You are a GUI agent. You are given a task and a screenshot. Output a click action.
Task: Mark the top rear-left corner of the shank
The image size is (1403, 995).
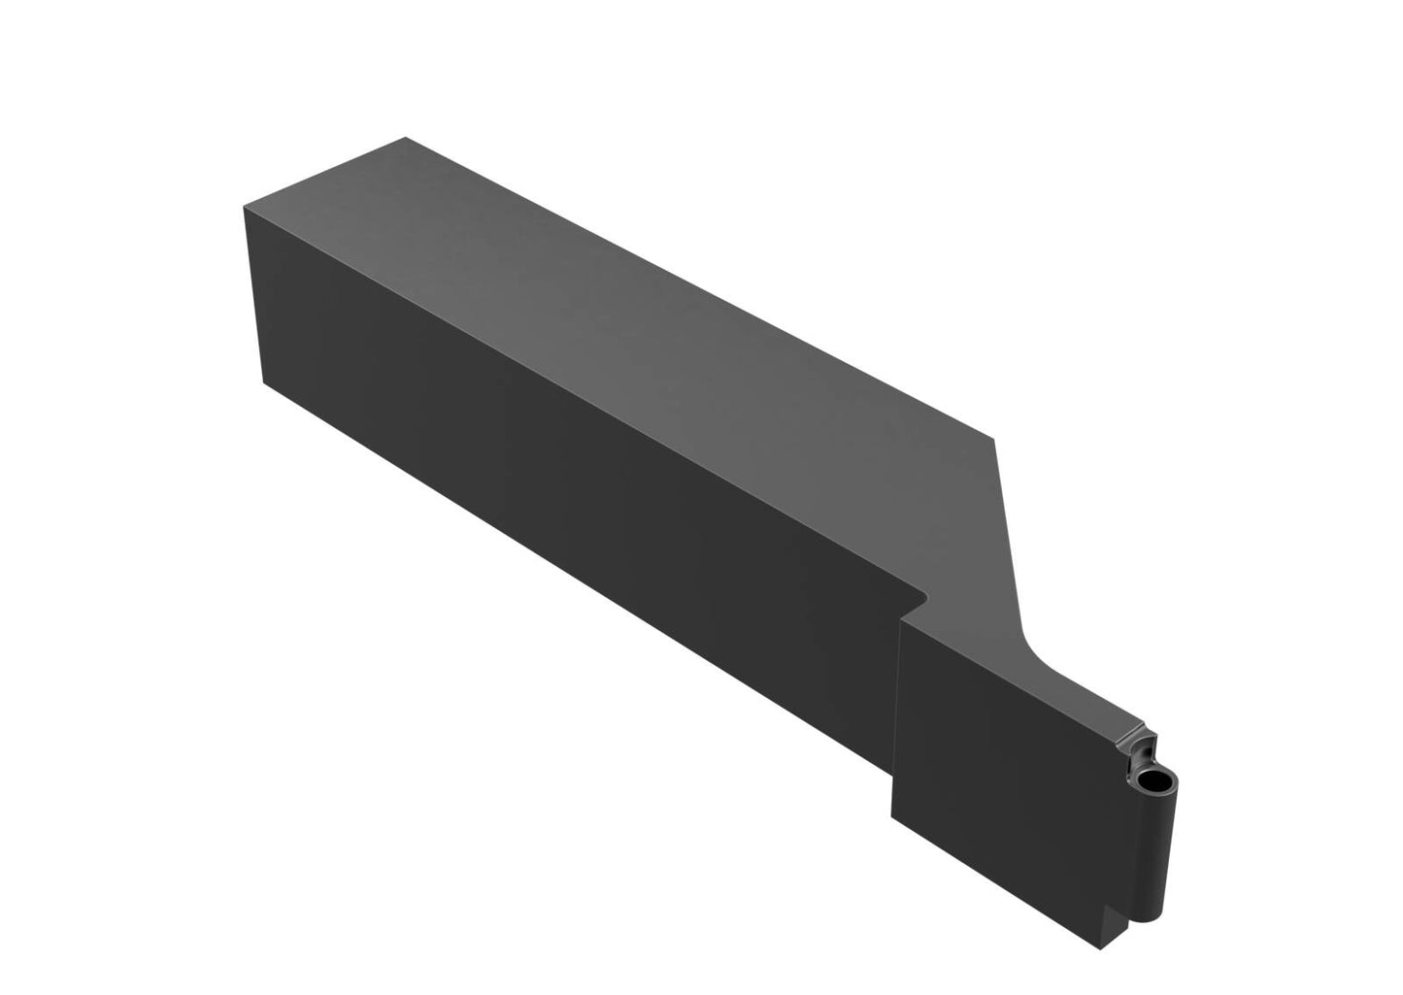click(244, 205)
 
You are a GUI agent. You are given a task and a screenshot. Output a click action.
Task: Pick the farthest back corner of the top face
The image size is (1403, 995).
click(404, 138)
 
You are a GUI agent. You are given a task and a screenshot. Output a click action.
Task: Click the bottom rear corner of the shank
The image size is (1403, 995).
click(264, 381)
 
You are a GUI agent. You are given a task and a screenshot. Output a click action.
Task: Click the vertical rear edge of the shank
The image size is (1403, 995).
click(253, 291)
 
